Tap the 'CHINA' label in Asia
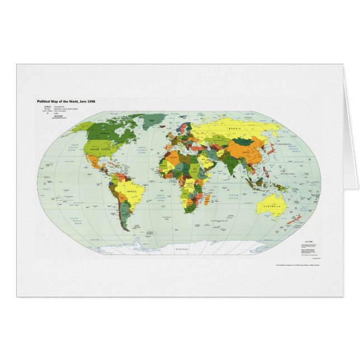(x=249, y=152)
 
